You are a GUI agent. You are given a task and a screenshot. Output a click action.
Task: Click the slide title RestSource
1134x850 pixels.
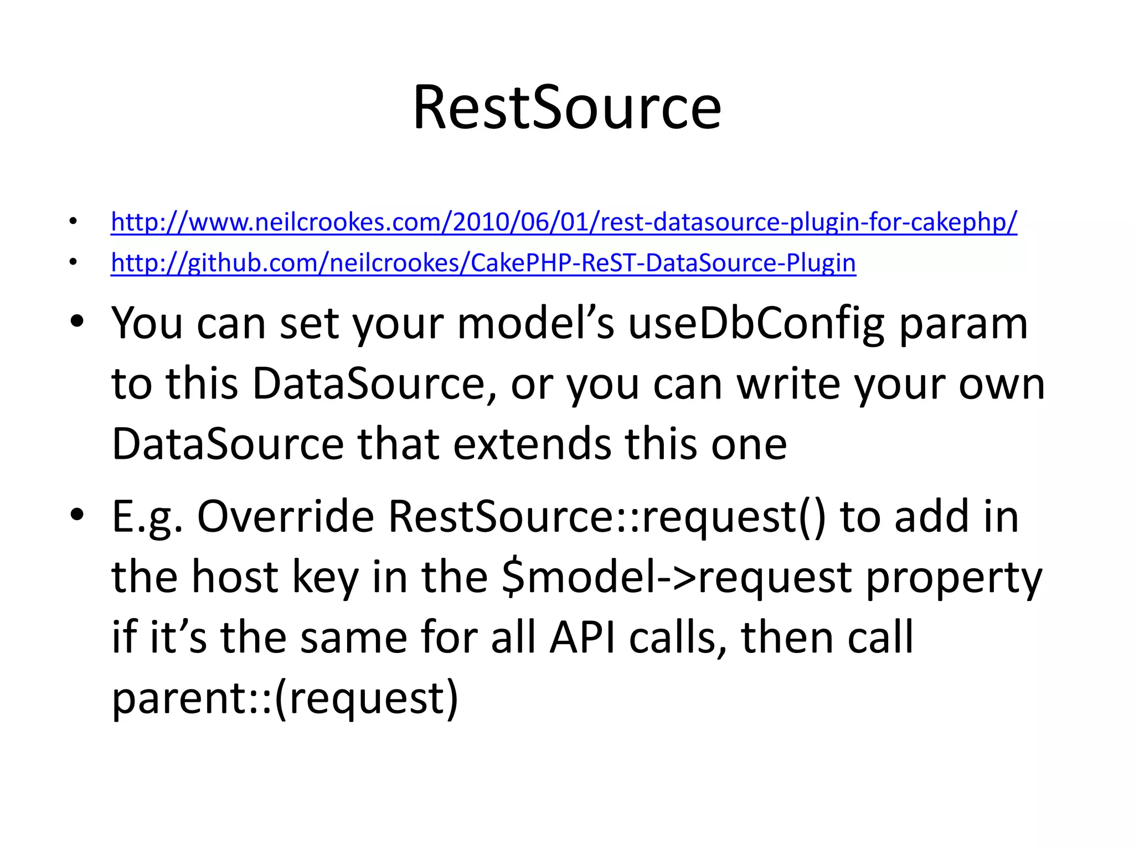pos(567,107)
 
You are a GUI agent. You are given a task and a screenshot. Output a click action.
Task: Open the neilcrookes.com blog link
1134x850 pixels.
pos(564,222)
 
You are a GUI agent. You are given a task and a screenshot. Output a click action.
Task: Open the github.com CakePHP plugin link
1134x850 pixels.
pos(483,263)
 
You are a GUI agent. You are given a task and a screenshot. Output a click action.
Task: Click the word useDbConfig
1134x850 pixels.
pos(756,324)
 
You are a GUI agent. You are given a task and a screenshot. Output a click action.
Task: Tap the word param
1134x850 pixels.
pos(963,324)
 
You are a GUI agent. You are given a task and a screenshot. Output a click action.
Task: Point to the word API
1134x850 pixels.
pos(582,637)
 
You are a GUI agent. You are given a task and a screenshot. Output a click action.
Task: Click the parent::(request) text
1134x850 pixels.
pos(285,698)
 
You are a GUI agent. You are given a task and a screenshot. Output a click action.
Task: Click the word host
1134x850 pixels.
pos(235,578)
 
